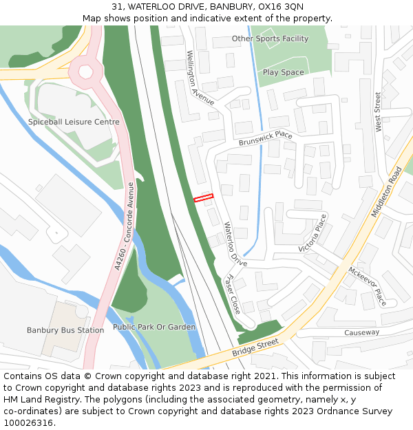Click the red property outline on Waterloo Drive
click(x=204, y=198)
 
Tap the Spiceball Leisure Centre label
click(x=74, y=122)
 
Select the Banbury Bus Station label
click(x=65, y=330)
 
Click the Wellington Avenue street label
click(x=200, y=78)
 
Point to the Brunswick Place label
click(x=266, y=139)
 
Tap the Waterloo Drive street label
click(x=235, y=244)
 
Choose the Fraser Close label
click(x=233, y=294)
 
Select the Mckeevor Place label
click(x=368, y=286)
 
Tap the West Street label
click(x=378, y=112)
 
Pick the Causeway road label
click(x=362, y=333)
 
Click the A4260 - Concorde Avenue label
click(x=126, y=226)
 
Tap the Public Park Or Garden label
click(x=154, y=327)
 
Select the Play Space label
click(x=283, y=72)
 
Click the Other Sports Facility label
click(x=270, y=39)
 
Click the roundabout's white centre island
click(x=86, y=71)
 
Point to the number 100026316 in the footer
click(x=28, y=423)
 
